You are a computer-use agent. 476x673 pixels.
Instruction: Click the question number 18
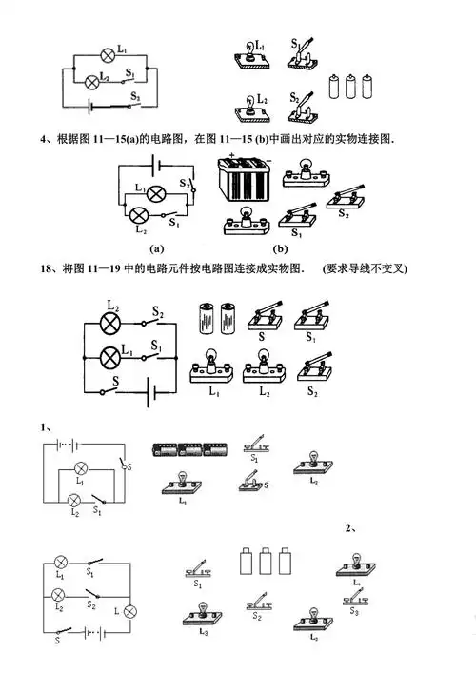46,269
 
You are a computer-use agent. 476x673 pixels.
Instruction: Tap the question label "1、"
47,426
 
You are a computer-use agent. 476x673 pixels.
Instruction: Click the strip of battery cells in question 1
189,447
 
